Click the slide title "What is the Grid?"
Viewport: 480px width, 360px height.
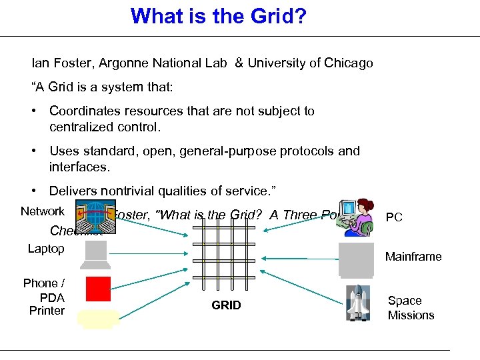point(219,15)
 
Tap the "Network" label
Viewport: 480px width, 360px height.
point(43,211)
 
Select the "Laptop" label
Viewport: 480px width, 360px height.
point(46,249)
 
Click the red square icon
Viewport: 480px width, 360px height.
point(98,289)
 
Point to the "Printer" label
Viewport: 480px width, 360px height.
point(47,311)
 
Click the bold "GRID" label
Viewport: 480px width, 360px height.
point(226,305)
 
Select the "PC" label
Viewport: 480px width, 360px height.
point(393,218)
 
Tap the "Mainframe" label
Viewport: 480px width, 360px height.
point(413,257)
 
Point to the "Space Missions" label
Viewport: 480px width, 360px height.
point(411,308)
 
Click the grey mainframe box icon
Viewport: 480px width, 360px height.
point(355,258)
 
